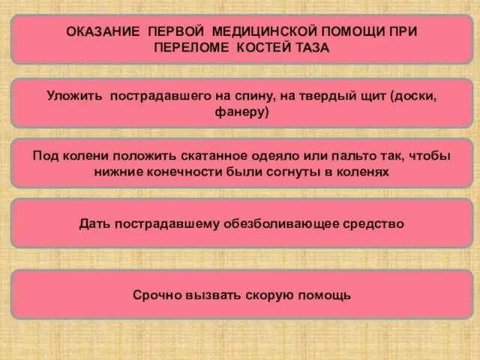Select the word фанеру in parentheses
coord(240,112)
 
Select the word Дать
coord(94,223)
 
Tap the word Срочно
coord(156,295)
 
